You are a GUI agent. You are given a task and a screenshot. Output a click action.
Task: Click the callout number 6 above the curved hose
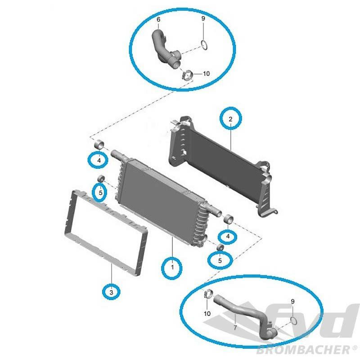pyautogui.click(x=158, y=19)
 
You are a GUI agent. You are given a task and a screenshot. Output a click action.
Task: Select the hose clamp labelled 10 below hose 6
pyautogui.click(x=188, y=75)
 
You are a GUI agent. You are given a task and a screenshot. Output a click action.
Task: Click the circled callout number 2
pyautogui.click(x=230, y=119)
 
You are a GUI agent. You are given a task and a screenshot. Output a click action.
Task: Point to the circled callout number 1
pyautogui.click(x=172, y=267)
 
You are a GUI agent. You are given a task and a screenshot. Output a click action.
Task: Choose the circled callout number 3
pyautogui.click(x=111, y=292)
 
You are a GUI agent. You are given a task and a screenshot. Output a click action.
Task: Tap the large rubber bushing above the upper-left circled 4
pyautogui.click(x=99, y=144)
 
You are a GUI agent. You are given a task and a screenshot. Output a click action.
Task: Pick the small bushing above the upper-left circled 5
pyautogui.click(x=101, y=178)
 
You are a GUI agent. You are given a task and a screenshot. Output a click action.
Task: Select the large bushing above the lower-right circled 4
pyautogui.click(x=228, y=219)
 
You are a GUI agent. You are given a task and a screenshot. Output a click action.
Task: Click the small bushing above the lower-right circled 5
pyautogui.click(x=220, y=247)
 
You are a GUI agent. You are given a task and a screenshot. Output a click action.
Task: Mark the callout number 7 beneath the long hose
pyautogui.click(x=235, y=328)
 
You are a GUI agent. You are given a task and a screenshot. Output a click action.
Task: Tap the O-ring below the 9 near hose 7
pyautogui.click(x=293, y=320)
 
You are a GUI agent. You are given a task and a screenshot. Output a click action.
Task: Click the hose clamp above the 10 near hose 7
pyautogui.click(x=208, y=294)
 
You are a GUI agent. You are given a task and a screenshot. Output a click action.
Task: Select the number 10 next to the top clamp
pyautogui.click(x=206, y=73)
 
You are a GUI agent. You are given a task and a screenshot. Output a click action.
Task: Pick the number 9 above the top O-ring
pyautogui.click(x=203, y=18)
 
